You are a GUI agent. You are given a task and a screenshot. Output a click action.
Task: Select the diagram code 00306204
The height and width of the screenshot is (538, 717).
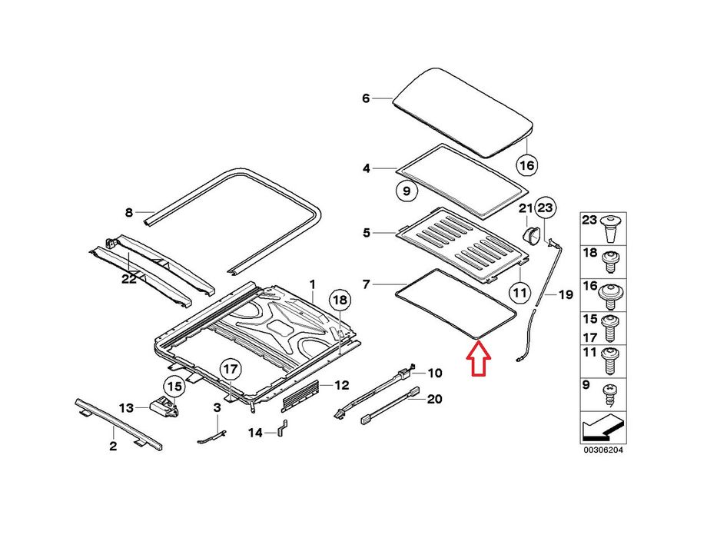(602, 450)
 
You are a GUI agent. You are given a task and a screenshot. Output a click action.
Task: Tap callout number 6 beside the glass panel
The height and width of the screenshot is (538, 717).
(366, 98)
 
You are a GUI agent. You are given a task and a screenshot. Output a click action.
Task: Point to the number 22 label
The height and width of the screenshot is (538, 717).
(128, 279)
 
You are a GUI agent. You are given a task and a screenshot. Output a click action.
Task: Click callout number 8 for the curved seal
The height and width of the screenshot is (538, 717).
(128, 213)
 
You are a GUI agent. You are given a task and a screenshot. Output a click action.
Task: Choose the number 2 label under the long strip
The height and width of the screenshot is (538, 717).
(113, 447)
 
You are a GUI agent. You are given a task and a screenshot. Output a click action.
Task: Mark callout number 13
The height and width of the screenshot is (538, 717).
(127, 407)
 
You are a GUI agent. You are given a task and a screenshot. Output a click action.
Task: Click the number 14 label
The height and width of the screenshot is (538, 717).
(255, 433)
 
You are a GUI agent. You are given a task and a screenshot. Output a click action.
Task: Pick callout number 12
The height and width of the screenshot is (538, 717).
(341, 384)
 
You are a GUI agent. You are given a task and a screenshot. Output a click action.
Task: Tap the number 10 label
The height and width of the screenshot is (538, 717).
(434, 374)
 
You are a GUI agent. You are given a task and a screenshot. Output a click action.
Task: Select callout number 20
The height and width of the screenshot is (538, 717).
(434, 399)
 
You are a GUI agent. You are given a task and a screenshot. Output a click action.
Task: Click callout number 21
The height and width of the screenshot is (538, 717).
(525, 208)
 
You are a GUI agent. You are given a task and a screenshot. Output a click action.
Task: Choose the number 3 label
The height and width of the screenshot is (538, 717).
(217, 407)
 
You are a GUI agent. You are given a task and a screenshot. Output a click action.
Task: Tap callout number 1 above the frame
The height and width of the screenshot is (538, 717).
(313, 284)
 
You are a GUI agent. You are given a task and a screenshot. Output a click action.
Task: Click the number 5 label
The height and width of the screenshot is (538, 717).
(367, 232)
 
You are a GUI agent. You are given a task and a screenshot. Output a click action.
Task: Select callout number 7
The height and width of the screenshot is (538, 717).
(366, 285)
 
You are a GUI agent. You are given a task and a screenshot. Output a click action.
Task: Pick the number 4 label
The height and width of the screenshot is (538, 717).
(367, 168)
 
